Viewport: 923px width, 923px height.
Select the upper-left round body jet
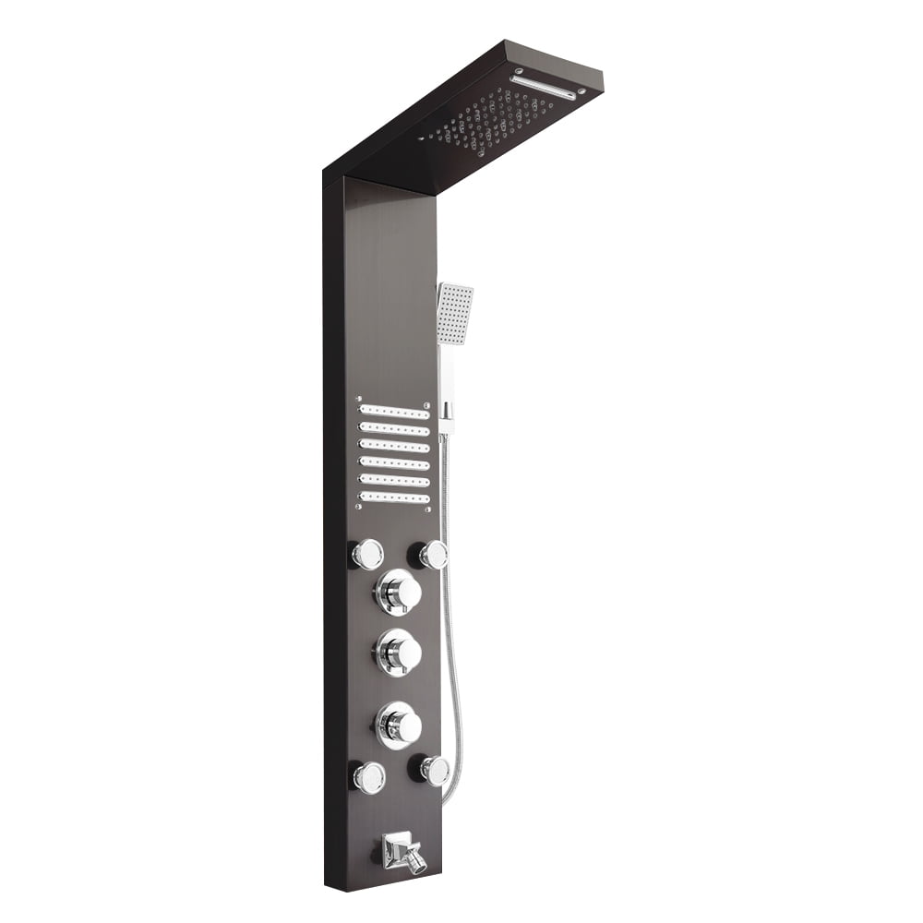coord(367,554)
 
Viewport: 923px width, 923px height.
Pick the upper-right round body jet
coord(432,554)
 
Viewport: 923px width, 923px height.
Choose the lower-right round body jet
coord(434,770)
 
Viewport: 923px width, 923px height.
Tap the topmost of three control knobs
coord(398,592)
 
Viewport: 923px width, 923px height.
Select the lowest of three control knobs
coord(398,725)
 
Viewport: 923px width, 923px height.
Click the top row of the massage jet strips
coord(394,411)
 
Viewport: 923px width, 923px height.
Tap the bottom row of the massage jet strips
coord(394,497)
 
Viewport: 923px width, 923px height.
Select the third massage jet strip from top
coord(394,446)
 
